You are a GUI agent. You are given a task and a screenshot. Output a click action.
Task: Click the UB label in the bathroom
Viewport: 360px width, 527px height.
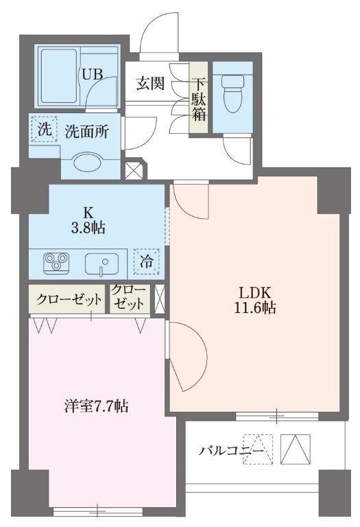click(92, 74)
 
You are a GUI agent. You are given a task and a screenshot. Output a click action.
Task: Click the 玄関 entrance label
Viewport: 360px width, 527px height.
click(150, 84)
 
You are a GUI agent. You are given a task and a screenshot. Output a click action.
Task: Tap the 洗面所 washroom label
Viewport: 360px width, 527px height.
click(85, 131)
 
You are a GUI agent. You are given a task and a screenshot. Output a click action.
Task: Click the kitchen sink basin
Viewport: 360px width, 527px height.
click(101, 263)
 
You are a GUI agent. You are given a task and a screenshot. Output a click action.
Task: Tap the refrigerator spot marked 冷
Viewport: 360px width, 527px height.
click(147, 261)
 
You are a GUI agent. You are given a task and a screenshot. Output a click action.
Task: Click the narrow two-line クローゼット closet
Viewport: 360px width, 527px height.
click(130, 298)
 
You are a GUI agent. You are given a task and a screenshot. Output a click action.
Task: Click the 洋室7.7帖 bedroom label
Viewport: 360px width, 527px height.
click(93, 406)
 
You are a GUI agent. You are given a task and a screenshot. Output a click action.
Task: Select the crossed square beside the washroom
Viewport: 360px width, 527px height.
click(132, 169)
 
